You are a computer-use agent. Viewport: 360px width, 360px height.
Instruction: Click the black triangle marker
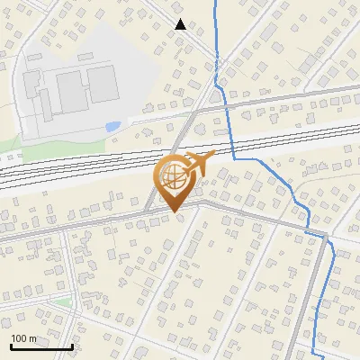click(x=180, y=24)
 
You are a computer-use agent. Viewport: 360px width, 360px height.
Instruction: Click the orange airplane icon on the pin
click(x=195, y=165)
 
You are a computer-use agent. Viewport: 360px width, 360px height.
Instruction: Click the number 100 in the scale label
click(x=18, y=338)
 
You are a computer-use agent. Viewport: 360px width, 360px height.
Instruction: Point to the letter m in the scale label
click(x=31, y=338)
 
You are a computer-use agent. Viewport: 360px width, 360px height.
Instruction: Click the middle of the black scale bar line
click(x=41, y=346)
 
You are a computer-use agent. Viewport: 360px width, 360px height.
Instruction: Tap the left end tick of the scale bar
click(x=11, y=345)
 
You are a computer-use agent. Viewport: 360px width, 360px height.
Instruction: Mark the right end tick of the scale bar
click(x=72, y=345)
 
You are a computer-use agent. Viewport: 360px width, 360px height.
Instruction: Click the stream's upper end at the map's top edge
click(x=216, y=2)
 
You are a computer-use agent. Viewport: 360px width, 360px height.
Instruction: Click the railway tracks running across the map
click(x=90, y=163)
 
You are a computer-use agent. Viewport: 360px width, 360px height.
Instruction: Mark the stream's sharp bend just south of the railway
click(x=235, y=159)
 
